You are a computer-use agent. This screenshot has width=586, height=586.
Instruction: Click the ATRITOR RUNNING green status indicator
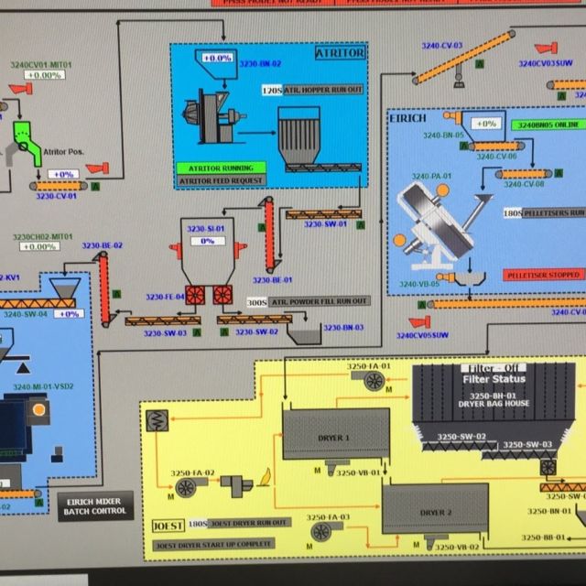[221, 168]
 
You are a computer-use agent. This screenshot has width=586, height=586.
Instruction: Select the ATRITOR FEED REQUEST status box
[221, 180]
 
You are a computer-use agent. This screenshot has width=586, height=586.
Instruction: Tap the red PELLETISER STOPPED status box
[542, 274]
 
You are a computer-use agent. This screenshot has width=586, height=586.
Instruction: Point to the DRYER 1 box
[334, 438]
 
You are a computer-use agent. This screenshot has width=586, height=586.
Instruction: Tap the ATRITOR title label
[341, 53]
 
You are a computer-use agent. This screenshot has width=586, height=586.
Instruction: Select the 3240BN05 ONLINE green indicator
[547, 124]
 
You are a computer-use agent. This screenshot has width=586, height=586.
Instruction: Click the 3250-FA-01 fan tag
[368, 366]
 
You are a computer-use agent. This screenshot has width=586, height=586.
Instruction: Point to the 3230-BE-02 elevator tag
[103, 245]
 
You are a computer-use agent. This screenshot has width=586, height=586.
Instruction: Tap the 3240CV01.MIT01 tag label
[41, 65]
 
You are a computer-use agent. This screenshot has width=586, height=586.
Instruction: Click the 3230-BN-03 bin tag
[341, 327]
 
